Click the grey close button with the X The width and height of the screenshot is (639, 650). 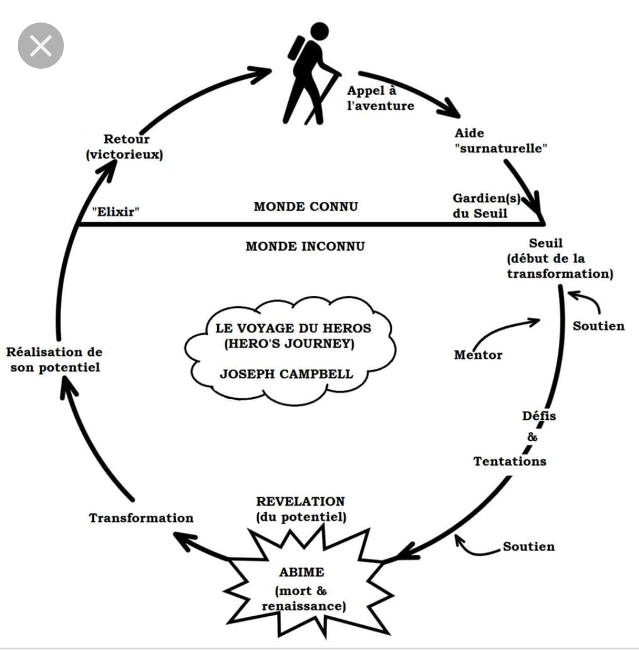tap(41, 46)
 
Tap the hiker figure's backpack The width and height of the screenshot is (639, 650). tap(296, 49)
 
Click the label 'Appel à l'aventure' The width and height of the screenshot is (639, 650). tap(380, 98)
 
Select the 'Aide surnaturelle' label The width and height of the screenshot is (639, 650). tap(501, 141)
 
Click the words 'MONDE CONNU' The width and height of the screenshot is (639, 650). tap(306, 207)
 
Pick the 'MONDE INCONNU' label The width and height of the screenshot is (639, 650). tap(305, 246)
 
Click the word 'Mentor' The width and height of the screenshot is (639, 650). tap(478, 355)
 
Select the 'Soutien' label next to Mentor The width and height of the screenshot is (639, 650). tap(598, 326)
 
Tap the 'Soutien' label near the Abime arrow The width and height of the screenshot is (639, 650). tap(529, 546)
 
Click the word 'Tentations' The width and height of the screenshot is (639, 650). tap(510, 461)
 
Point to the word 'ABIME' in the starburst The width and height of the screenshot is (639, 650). tap(302, 572)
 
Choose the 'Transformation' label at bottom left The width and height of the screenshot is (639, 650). tap(141, 518)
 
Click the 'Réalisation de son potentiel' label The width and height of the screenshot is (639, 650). tap(54, 360)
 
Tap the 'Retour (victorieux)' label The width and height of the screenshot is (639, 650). tap(125, 147)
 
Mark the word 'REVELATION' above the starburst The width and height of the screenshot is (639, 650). tap(301, 501)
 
